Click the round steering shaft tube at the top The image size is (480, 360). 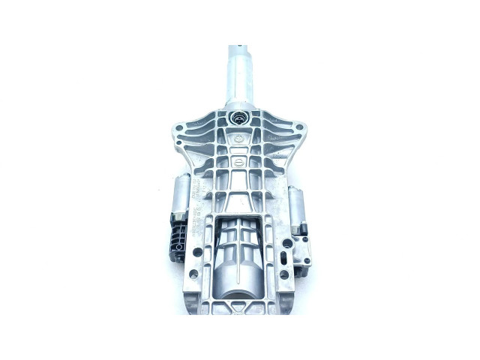click(239, 75)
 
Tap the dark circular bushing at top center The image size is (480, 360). click(240, 118)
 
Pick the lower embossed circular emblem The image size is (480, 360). click(236, 164)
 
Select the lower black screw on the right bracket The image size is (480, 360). click(307, 261)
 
